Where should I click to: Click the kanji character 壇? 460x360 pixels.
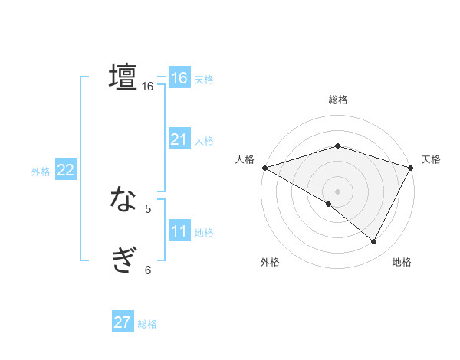123,77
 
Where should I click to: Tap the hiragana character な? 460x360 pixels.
123,201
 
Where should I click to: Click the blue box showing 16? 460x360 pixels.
179,78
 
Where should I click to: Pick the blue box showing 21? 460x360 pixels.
179,139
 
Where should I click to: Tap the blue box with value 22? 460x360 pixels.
65,171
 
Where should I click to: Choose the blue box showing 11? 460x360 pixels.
179,231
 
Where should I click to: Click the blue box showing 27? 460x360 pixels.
123,322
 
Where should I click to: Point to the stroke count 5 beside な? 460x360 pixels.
148,208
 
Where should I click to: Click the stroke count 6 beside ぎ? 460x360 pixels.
148,270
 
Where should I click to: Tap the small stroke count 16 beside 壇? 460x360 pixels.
148,87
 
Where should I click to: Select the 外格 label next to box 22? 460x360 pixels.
41,172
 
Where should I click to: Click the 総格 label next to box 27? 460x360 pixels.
147,324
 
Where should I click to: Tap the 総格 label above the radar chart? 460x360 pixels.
338,100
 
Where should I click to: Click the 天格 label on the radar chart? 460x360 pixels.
432,159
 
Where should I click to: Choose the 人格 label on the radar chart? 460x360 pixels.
245,159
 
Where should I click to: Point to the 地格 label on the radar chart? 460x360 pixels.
402,263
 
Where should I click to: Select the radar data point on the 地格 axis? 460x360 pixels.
374,241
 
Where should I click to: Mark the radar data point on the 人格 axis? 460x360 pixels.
264,167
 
